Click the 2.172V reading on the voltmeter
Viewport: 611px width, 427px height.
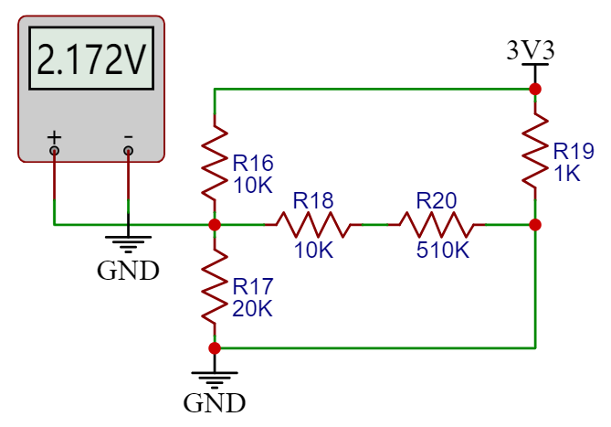point(91,60)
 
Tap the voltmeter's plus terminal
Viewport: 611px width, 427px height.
point(55,150)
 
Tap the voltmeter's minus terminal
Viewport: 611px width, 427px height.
point(128,150)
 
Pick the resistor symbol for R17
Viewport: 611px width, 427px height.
point(215,285)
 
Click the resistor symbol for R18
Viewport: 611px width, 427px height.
point(313,224)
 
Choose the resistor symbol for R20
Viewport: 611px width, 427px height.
point(437,224)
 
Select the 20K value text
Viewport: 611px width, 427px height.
point(252,308)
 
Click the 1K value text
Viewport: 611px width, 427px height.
point(566,174)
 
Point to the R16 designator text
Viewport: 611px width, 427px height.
point(253,164)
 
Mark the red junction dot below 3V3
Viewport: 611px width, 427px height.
point(535,89)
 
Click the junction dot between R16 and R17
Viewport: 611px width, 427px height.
point(215,224)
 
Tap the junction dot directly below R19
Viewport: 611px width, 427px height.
point(535,224)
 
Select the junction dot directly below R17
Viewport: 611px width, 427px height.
point(215,347)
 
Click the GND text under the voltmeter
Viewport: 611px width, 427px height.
point(128,271)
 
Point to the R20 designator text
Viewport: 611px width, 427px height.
point(437,199)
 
